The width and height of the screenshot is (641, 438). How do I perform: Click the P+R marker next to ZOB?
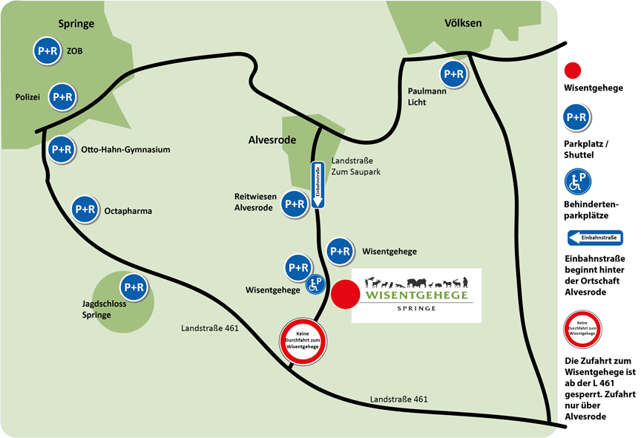tap(46, 50)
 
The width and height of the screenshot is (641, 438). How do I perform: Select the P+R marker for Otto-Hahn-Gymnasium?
tap(62, 149)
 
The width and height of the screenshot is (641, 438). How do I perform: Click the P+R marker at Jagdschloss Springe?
tap(134, 287)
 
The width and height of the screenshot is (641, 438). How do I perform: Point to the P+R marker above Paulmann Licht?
tap(453, 74)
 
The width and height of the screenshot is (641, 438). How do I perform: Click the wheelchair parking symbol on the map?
tap(315, 284)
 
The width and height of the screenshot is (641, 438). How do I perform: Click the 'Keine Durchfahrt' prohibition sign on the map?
tap(302, 342)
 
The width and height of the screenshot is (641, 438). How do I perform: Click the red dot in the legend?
tap(573, 71)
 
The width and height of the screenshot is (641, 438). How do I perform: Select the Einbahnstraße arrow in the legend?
tap(595, 238)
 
